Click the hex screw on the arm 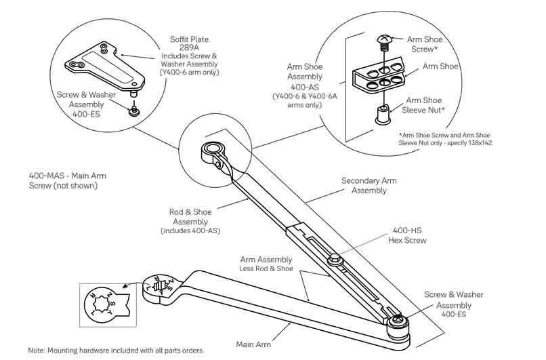click(x=333, y=260)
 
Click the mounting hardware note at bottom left click(x=116, y=351)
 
